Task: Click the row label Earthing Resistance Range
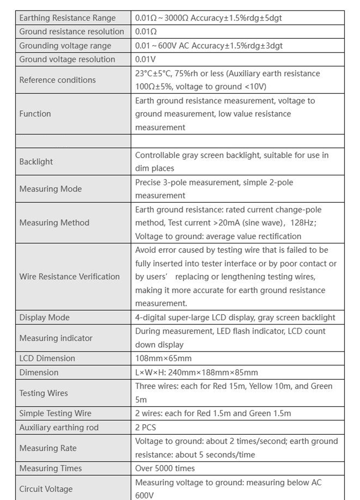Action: pyautogui.click(x=67, y=18)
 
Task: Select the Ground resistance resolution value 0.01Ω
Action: pyautogui.click(x=146, y=32)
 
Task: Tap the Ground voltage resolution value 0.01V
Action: pyautogui.click(x=145, y=59)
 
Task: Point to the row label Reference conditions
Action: pyautogui.click(x=57, y=80)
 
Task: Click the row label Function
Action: pyautogui.click(x=35, y=114)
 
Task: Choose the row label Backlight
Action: pyautogui.click(x=36, y=162)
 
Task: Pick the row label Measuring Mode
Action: pyautogui.click(x=51, y=189)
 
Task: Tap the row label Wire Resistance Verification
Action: pyautogui.click(x=69, y=277)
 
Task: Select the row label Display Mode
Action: pyautogui.click(x=44, y=317)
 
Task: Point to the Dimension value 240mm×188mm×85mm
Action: pyautogui.click(x=213, y=372)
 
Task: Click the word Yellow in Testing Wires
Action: pyautogui.click(x=261, y=386)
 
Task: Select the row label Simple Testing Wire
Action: pyautogui.click(x=55, y=413)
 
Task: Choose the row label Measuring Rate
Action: pyautogui.click(x=48, y=448)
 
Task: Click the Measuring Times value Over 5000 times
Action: pyautogui.click(x=165, y=468)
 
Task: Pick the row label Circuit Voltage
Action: pyautogui.click(x=46, y=489)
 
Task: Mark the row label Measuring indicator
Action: pyautogui.click(x=56, y=338)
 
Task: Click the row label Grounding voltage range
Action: pyautogui.click(x=65, y=46)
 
